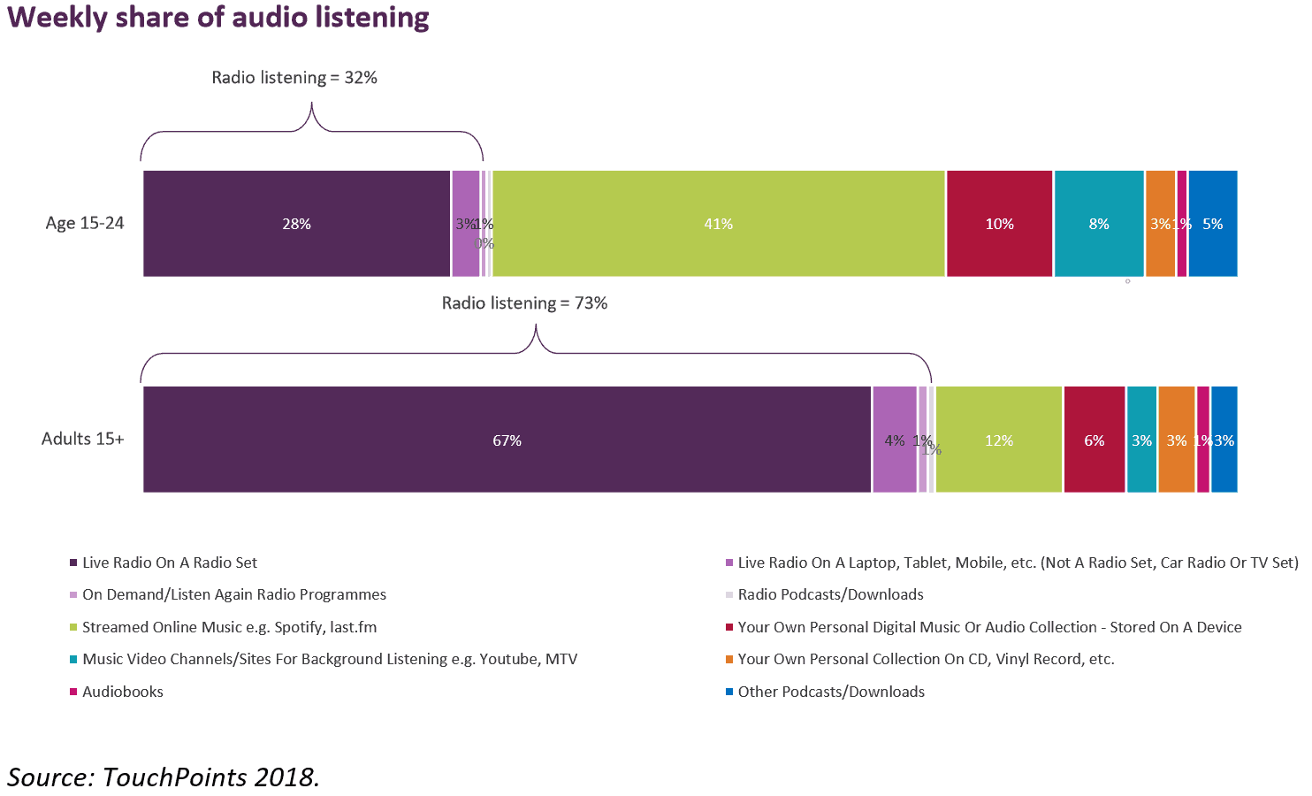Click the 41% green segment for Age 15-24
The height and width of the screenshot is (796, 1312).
coord(718,224)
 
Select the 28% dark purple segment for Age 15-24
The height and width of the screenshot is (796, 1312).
coord(296,224)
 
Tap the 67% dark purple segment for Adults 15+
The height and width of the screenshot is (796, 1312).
coord(507,440)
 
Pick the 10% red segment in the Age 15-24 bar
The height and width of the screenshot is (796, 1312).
coord(999,224)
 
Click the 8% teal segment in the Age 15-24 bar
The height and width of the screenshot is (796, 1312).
coord(1098,224)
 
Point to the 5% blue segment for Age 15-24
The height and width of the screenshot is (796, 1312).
coord(1212,224)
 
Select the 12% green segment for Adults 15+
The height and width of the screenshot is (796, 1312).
coord(998,440)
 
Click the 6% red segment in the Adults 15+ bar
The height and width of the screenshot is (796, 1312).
coord(1094,440)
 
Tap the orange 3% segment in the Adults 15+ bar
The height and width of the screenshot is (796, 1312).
coord(1176,440)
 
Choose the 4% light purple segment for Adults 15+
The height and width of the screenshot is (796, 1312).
coord(894,440)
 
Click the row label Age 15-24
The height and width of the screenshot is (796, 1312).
coord(85,223)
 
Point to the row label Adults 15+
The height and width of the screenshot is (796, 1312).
coord(83,439)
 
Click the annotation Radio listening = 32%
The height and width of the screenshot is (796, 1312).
coord(294,78)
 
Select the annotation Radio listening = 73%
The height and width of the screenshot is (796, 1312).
coord(524,303)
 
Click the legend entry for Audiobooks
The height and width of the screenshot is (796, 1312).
coord(122,692)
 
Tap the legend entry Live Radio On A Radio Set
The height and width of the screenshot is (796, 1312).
coord(169,563)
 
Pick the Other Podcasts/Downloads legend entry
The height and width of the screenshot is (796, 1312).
coord(830,692)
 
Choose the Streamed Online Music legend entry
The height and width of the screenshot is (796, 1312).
coord(229,627)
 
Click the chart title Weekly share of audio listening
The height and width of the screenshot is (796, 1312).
coord(218,18)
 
